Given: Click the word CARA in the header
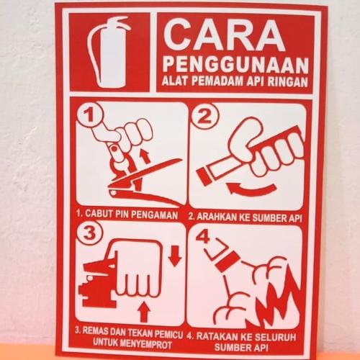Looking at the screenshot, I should [220, 33].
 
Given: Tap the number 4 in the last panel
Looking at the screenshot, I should [204, 235].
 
